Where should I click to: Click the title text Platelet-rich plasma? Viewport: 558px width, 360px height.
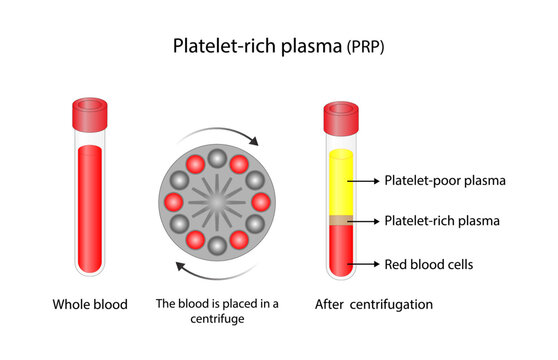[258, 46]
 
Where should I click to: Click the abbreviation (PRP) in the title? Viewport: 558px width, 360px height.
[366, 47]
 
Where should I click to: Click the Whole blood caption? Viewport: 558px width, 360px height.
[90, 304]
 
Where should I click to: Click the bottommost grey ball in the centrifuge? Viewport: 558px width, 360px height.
[215, 249]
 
